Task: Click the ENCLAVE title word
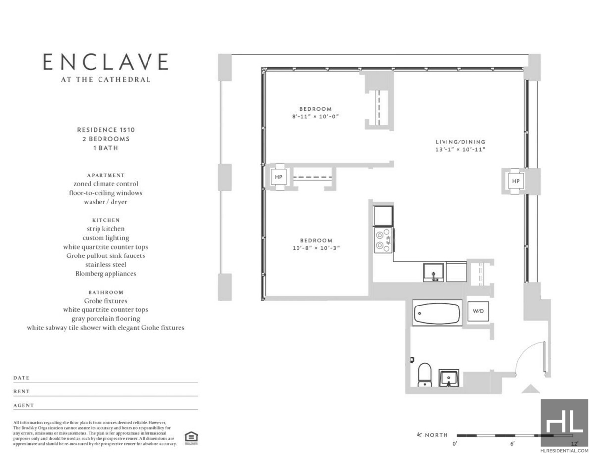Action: tap(105, 62)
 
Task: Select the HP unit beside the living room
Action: tap(516, 181)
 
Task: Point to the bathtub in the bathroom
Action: tap(437, 313)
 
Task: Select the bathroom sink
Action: tap(450, 378)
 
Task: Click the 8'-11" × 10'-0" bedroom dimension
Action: tap(315, 116)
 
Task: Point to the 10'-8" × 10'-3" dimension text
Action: tap(315, 248)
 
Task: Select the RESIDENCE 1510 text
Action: tap(105, 130)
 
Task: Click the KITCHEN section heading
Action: tap(105, 220)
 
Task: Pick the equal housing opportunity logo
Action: tap(190, 437)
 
